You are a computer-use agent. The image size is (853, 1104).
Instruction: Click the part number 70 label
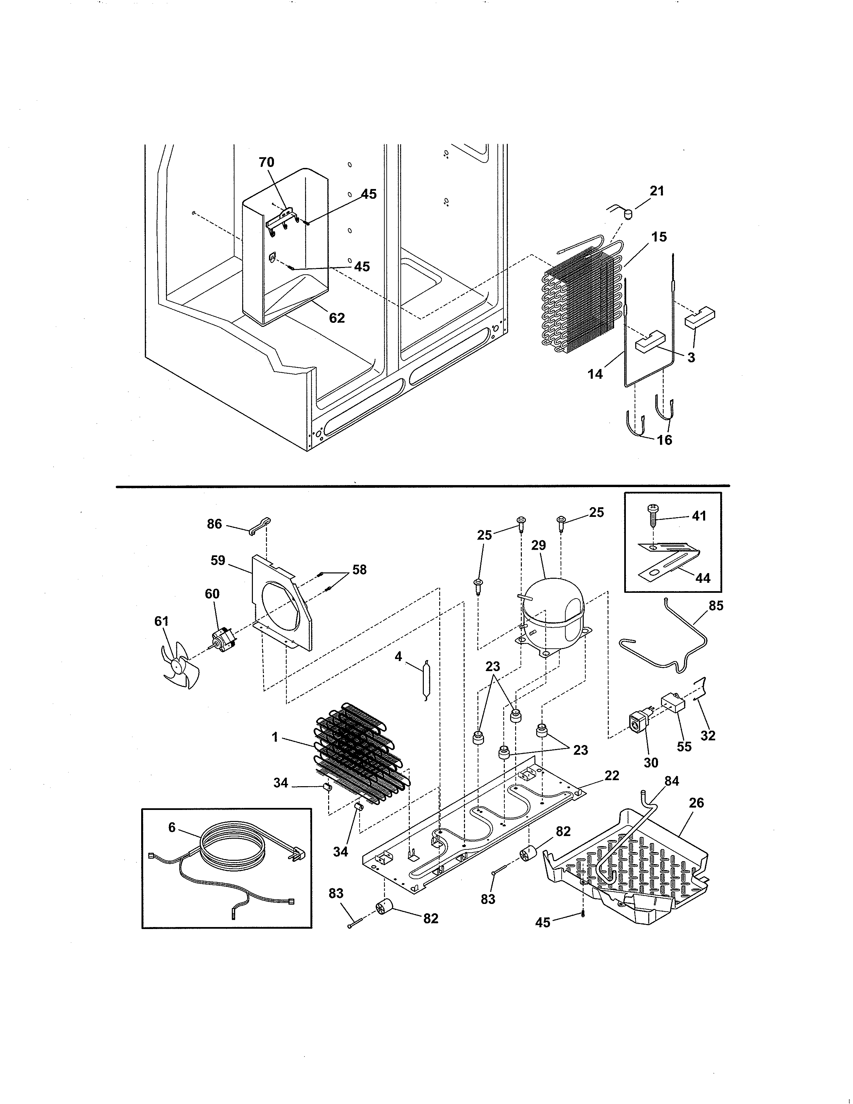coord(266,162)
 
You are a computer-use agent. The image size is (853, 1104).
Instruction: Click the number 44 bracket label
coord(703,578)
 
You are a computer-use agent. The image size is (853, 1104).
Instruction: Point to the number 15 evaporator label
coord(659,237)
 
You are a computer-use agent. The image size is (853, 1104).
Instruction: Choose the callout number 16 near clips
coord(665,440)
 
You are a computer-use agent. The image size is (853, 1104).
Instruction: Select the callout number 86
coord(214,524)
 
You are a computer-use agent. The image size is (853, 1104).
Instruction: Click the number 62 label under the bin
coord(337,318)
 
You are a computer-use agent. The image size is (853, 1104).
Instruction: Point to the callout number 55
coord(684,761)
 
